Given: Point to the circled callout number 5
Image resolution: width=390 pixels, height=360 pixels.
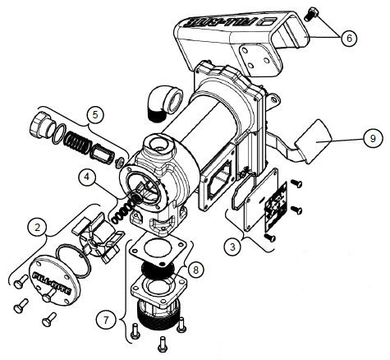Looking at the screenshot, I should (x=96, y=113).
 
